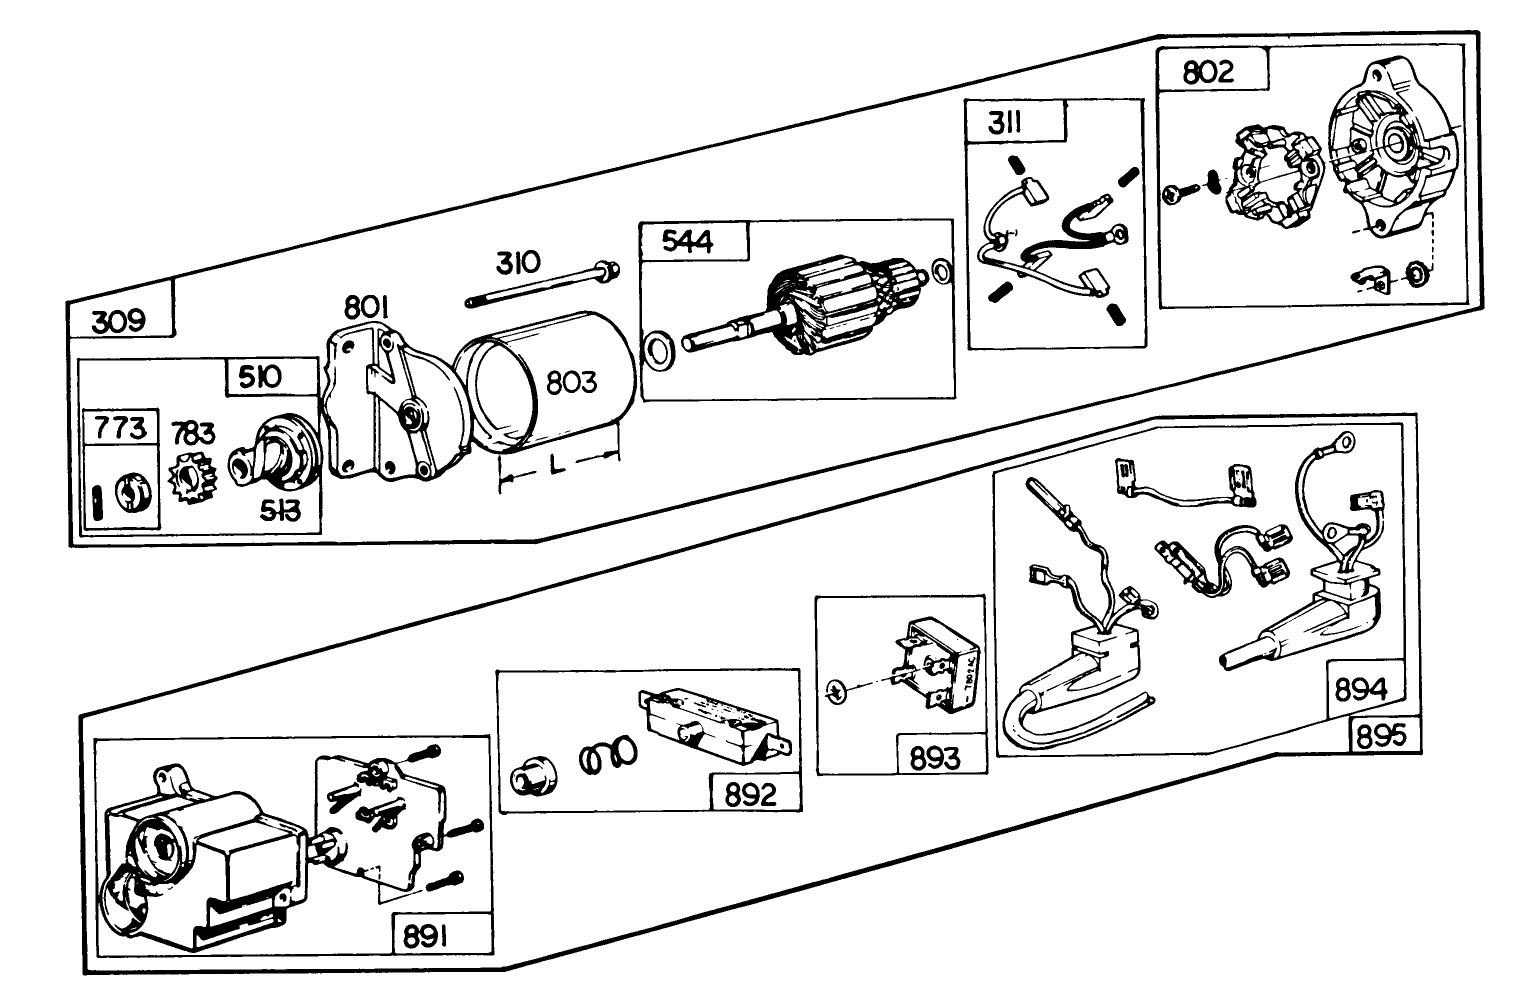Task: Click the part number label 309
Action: coord(119,321)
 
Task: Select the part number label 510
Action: coord(259,377)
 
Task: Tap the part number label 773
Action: coord(120,428)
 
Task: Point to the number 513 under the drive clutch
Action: coord(279,511)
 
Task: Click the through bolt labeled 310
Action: coord(540,284)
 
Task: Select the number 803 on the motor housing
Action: coord(571,382)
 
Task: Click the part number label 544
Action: coord(688,242)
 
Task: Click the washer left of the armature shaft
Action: coord(659,349)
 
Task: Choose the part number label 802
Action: coord(1208,72)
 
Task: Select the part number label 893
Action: coord(934,757)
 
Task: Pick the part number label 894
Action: coord(1361,690)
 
